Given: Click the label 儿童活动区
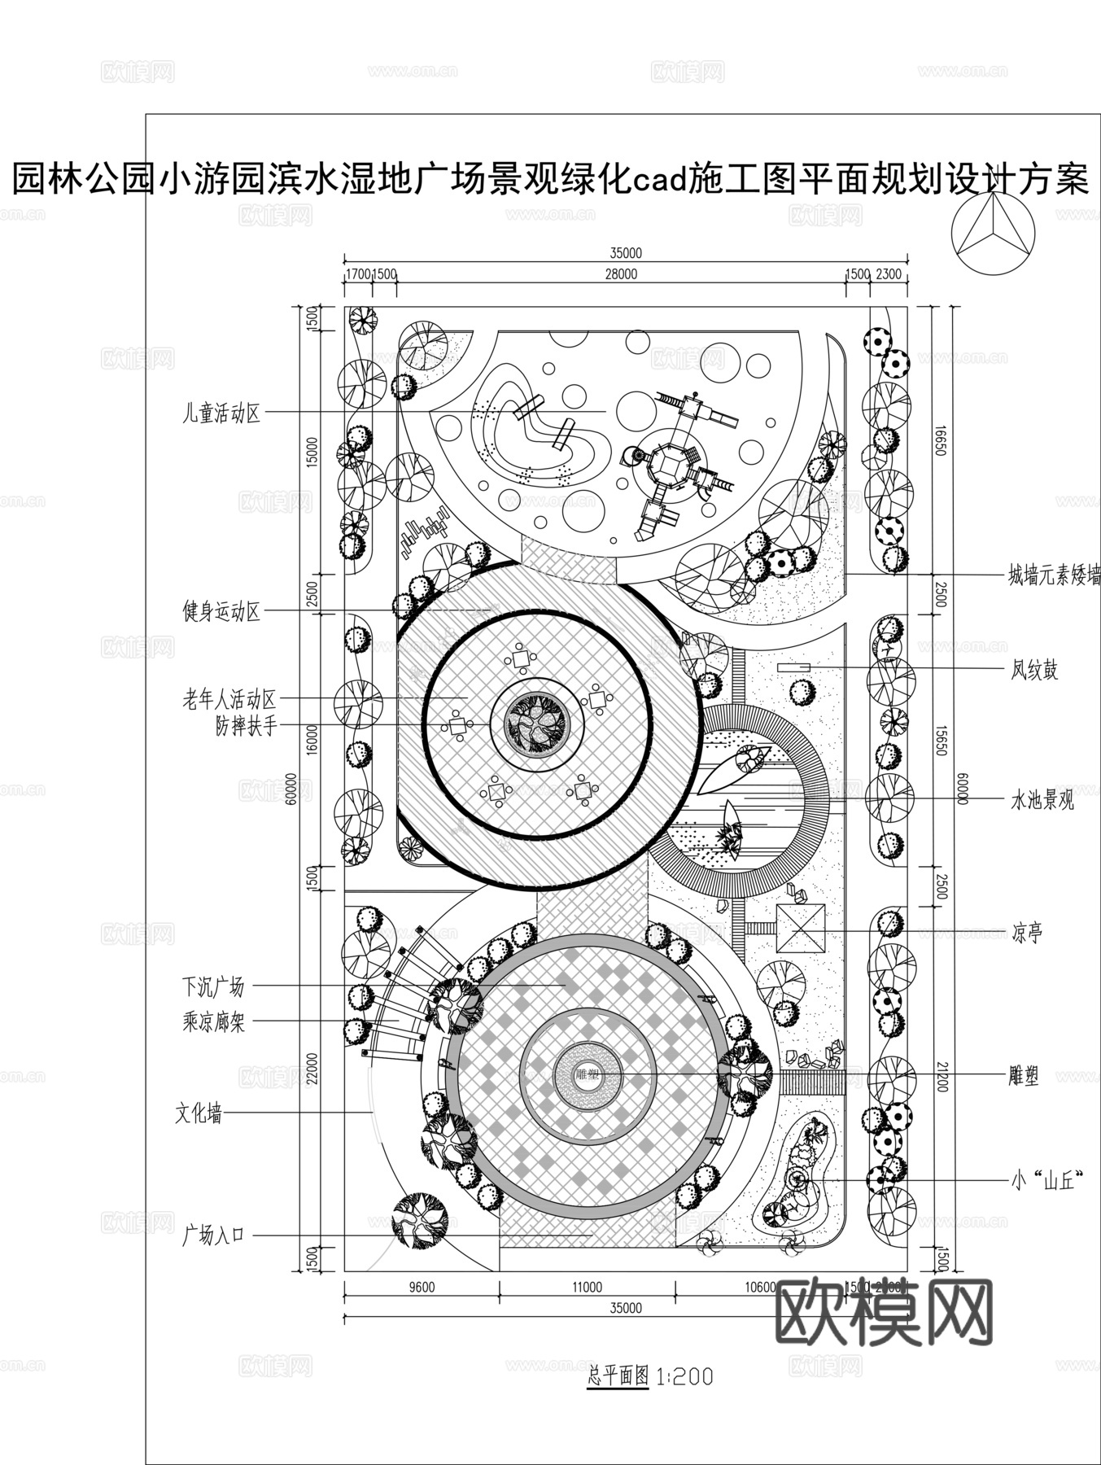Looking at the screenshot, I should pyautogui.click(x=221, y=413).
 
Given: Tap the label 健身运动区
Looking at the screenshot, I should pyautogui.click(x=221, y=611).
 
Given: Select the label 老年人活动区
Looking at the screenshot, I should pyautogui.click(x=229, y=699).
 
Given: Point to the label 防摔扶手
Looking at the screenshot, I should pyautogui.click(x=246, y=725).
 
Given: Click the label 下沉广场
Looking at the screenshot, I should pyautogui.click(x=212, y=987).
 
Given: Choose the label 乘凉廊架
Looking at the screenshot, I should pyautogui.click(x=213, y=1021).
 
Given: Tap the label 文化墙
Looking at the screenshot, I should pyautogui.click(x=199, y=1114).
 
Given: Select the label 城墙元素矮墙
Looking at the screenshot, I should pyautogui.click(x=1054, y=576).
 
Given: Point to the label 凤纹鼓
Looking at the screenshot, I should pyautogui.click(x=1034, y=671).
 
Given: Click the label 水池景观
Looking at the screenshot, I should pyautogui.click(x=1042, y=800).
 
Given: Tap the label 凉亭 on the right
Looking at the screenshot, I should pyautogui.click(x=1026, y=932).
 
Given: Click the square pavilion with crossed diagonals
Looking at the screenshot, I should pyautogui.click(x=801, y=928).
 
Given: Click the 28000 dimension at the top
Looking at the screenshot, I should pyautogui.click(x=621, y=274).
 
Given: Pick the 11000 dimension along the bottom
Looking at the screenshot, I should pyautogui.click(x=587, y=1287).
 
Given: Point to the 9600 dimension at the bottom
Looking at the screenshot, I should pyautogui.click(x=421, y=1287).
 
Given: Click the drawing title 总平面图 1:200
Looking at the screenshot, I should pyautogui.click(x=649, y=1376).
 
